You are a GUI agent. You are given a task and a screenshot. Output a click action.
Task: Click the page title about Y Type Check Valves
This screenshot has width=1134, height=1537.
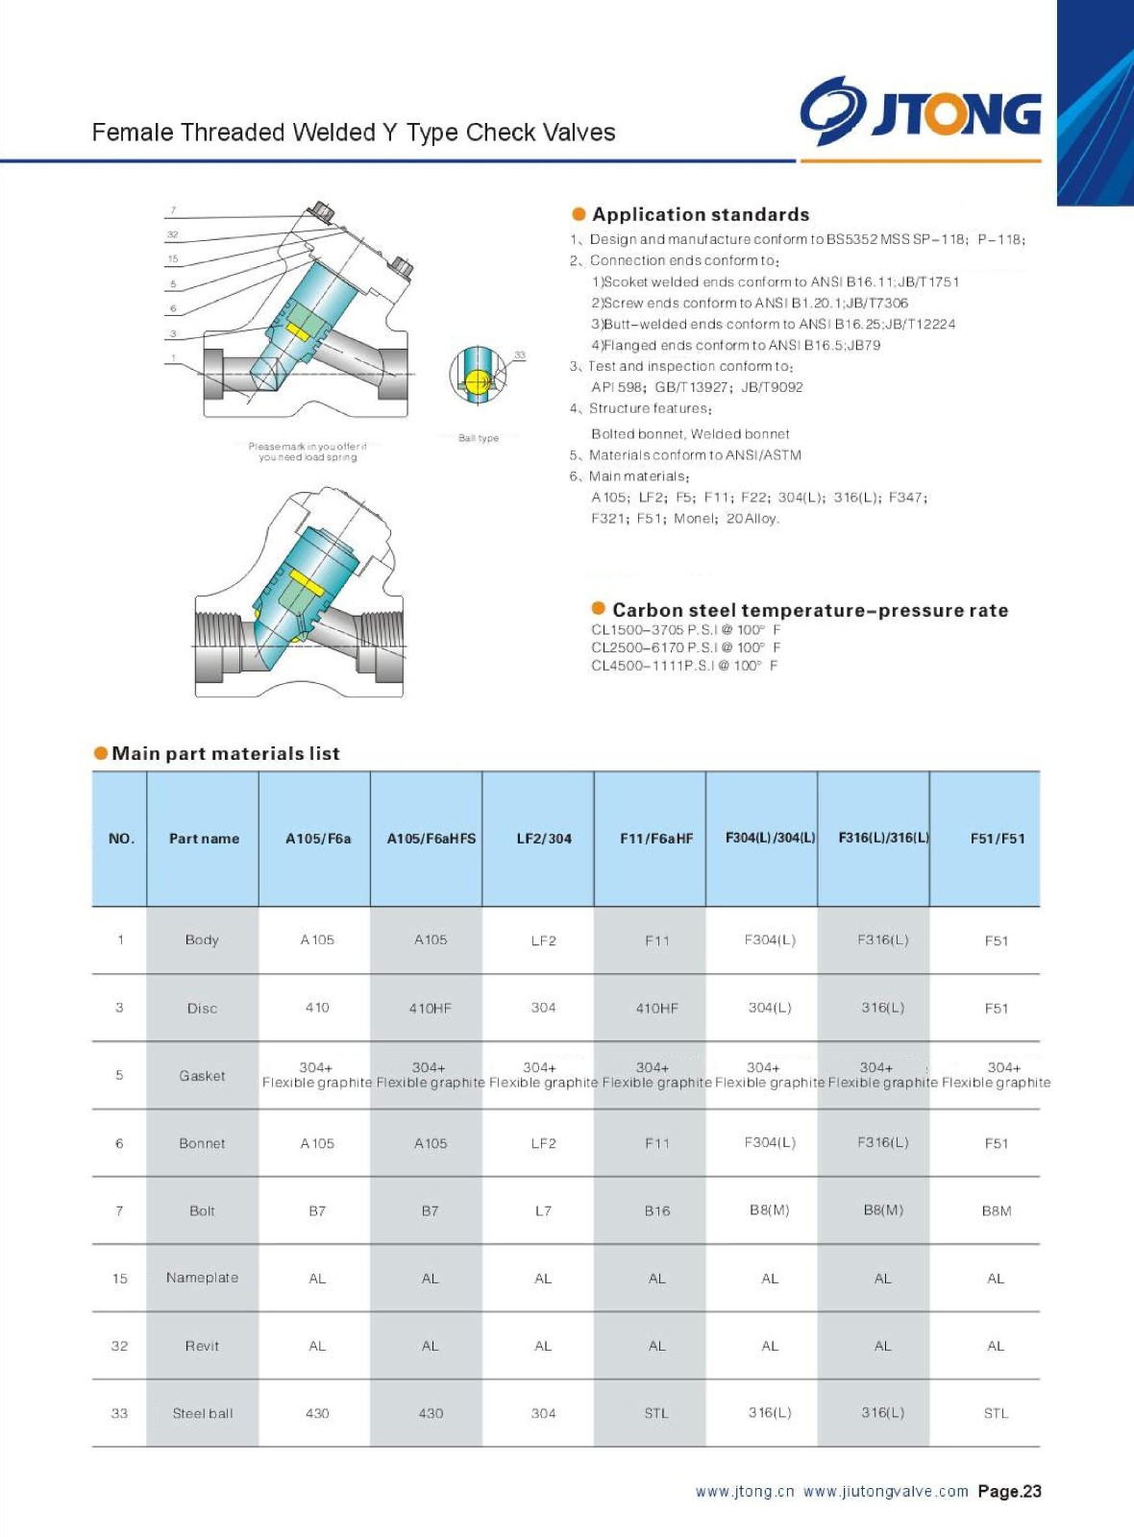tap(354, 133)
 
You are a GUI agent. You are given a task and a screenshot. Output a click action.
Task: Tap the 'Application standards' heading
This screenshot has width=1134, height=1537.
tap(701, 214)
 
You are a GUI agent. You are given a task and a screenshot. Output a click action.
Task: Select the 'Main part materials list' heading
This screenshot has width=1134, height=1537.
tap(226, 753)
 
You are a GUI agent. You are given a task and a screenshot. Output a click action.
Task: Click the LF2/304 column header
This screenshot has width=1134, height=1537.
tap(544, 839)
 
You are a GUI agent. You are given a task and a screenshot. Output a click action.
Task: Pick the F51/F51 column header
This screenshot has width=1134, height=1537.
tap(998, 839)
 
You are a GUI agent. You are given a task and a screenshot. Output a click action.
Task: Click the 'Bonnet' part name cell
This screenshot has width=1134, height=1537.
tap(202, 1143)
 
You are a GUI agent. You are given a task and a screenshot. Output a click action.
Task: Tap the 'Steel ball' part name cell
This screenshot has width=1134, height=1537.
tap(203, 1413)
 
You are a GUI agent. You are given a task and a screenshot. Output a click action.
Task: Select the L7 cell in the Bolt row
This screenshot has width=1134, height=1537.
tap(544, 1210)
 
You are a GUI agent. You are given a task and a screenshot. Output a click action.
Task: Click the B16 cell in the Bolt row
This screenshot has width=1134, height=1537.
tap(657, 1210)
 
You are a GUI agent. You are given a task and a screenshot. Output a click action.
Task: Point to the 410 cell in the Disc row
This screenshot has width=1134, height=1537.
tap(317, 1008)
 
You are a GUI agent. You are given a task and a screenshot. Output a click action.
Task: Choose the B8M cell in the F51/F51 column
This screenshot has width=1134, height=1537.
tap(997, 1210)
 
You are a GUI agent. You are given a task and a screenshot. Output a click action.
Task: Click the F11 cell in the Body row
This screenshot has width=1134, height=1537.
tap(657, 940)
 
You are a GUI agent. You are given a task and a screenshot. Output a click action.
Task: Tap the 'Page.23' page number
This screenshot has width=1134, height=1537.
tap(1009, 1491)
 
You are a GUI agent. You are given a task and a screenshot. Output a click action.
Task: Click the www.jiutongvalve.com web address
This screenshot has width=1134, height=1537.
tap(885, 1491)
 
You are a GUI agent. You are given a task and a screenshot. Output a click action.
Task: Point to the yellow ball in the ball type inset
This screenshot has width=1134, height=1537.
tap(478, 381)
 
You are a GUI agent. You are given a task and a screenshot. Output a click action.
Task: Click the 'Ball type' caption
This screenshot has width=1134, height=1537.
tap(479, 438)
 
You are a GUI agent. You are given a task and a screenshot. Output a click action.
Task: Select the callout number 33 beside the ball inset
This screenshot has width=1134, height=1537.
tap(520, 355)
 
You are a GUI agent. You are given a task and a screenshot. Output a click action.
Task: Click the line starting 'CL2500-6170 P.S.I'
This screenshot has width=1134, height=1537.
tap(685, 647)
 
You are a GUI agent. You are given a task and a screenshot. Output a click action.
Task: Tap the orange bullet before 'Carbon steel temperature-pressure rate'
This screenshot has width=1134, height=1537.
tap(598, 608)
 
